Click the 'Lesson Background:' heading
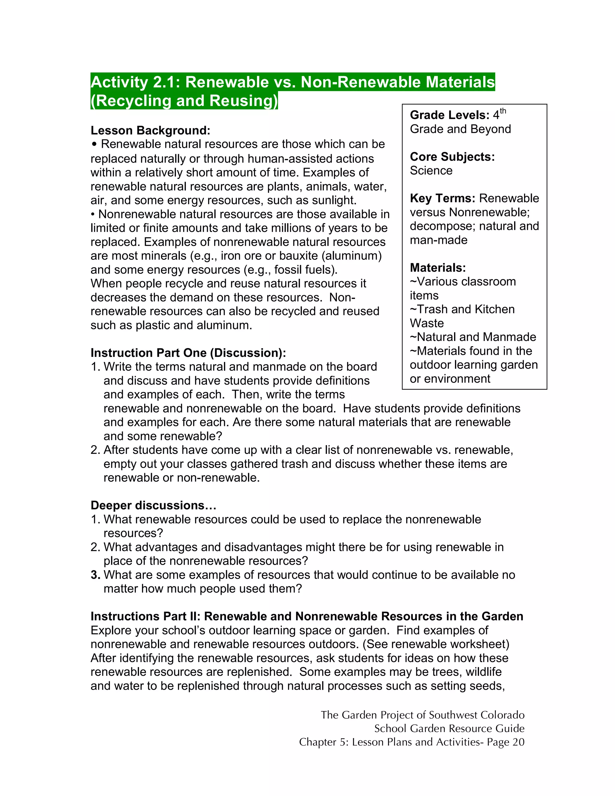pyautogui.click(x=150, y=130)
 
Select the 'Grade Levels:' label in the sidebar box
pyautogui.click(x=449, y=115)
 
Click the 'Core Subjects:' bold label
pyautogui.click(x=452, y=157)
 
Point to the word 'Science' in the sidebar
pyautogui.click(x=431, y=171)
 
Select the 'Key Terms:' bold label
pyautogui.click(x=442, y=198)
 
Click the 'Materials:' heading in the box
pyautogui.click(x=438, y=268)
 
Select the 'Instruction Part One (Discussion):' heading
pyautogui.click(x=188, y=353)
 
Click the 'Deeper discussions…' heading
pyautogui.click(x=153, y=506)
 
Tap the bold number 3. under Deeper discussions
pyautogui.click(x=95, y=575)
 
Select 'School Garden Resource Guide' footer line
pyautogui.click(x=449, y=729)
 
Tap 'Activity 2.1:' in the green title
pyautogui.click(x=135, y=82)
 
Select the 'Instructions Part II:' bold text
pyautogui.click(x=145, y=616)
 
